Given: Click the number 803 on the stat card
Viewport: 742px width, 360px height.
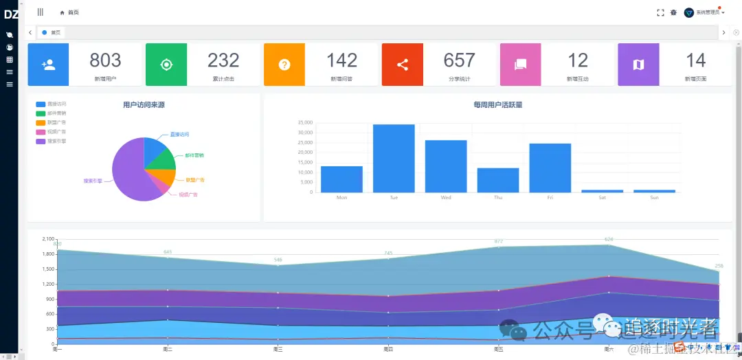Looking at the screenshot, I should pos(105,60).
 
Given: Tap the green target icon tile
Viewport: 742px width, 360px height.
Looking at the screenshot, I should pos(166,65).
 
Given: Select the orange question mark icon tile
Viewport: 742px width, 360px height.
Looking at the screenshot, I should pos(284,65).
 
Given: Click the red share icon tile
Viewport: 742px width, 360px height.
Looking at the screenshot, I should pos(403,65).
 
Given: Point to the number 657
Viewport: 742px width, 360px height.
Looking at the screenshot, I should pos(459,60).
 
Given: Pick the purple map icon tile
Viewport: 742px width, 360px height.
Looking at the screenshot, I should pos(638,65).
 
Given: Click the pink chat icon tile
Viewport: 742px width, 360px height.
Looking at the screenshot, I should pos(520,65).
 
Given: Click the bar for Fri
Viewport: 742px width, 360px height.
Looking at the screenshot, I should pos(550,168).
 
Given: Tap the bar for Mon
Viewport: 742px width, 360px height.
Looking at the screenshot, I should pos(341,179).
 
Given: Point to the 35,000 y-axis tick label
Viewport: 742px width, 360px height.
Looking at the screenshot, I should pos(306,123).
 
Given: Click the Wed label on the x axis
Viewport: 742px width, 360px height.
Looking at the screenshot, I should pos(446,198).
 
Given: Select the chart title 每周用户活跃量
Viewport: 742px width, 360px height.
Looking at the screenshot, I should pos(497,105).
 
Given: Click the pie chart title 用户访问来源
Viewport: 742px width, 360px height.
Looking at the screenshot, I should pos(144,105).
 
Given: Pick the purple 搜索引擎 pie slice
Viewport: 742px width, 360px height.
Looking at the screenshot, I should pos(129,172).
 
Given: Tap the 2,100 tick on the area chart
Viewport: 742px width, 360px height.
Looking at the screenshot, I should pos(48,239).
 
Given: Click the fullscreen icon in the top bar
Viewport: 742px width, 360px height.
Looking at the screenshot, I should pos(660,12).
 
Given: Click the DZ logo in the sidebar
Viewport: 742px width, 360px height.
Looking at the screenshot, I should pos(11,14).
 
